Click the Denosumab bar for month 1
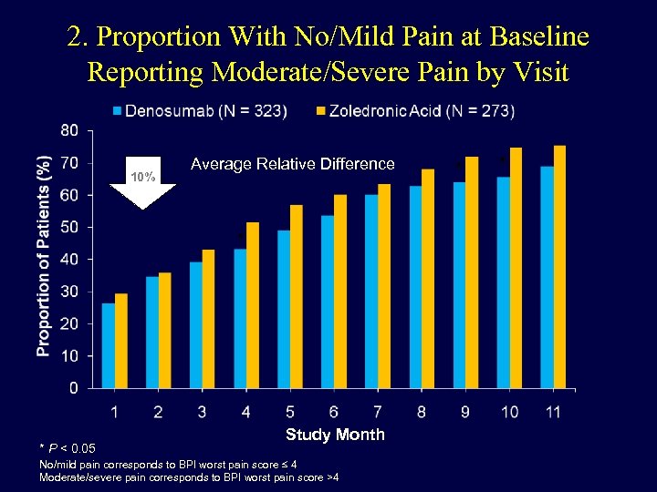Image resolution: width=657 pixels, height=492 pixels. coord(109,345)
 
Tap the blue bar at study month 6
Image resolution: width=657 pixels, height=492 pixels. coord(328,302)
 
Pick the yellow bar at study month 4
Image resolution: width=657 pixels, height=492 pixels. coord(253,305)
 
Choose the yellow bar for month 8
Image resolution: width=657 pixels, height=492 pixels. coord(428,279)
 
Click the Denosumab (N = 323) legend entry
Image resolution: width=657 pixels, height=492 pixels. coord(200,111)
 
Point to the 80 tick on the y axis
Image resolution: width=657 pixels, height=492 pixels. coord(69,130)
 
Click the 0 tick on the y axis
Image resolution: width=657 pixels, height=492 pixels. coord(73,388)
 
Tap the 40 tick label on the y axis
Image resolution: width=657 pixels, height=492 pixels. coord(69,260)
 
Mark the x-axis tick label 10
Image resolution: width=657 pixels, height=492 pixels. coord(509,413)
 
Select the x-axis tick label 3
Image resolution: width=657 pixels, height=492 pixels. coord(203,413)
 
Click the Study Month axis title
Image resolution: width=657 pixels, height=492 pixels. coord(335,435)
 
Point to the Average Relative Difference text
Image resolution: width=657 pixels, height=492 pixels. coord(292,164)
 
